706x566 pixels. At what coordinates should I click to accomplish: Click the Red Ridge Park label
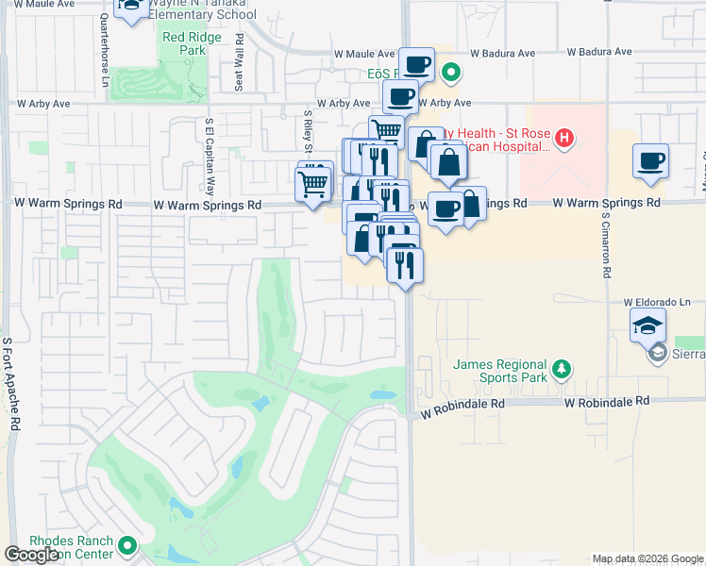point(184,44)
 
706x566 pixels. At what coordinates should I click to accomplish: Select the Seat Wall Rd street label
point(240,63)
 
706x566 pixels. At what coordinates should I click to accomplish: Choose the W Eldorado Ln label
point(657,302)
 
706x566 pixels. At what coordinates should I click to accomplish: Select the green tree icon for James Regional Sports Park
point(562,368)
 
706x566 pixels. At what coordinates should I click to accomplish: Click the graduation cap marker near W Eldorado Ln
point(647,326)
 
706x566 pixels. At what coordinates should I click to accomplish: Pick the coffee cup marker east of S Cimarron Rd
point(650,161)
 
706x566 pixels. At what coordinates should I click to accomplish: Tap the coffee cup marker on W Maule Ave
point(416,65)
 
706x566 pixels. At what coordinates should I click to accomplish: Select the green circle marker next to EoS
point(452,72)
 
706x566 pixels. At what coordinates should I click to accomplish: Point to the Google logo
point(31,555)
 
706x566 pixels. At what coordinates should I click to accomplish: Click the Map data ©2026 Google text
point(647,558)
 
